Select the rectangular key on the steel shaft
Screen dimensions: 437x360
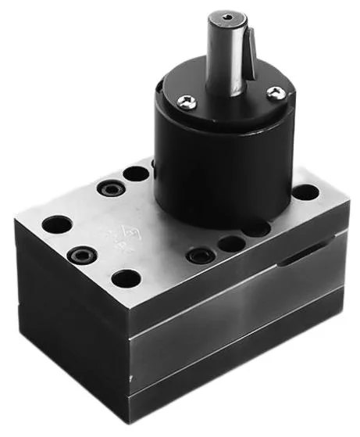249,52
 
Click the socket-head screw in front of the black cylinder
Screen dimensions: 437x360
200,256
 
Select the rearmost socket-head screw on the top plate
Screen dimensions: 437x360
109,188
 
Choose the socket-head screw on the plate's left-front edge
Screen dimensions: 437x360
80,255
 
